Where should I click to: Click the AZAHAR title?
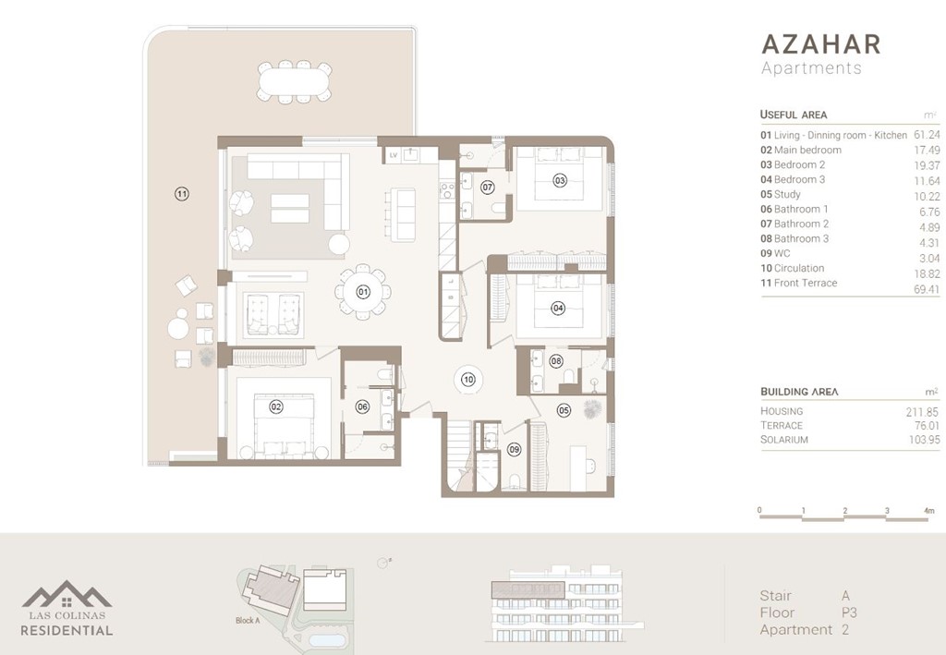(x=820, y=44)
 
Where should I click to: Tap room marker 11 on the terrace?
(x=182, y=194)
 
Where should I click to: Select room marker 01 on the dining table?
(x=363, y=293)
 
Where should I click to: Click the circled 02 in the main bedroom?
(x=275, y=406)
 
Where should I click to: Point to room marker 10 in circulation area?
(x=468, y=379)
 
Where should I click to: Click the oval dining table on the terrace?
(x=295, y=82)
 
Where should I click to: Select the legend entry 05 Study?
(x=781, y=194)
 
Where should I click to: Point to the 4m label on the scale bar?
(x=928, y=510)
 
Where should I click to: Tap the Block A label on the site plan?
(x=248, y=621)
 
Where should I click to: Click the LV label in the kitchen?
(x=394, y=155)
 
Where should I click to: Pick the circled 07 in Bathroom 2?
(x=487, y=188)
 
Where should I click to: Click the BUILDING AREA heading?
(x=798, y=392)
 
